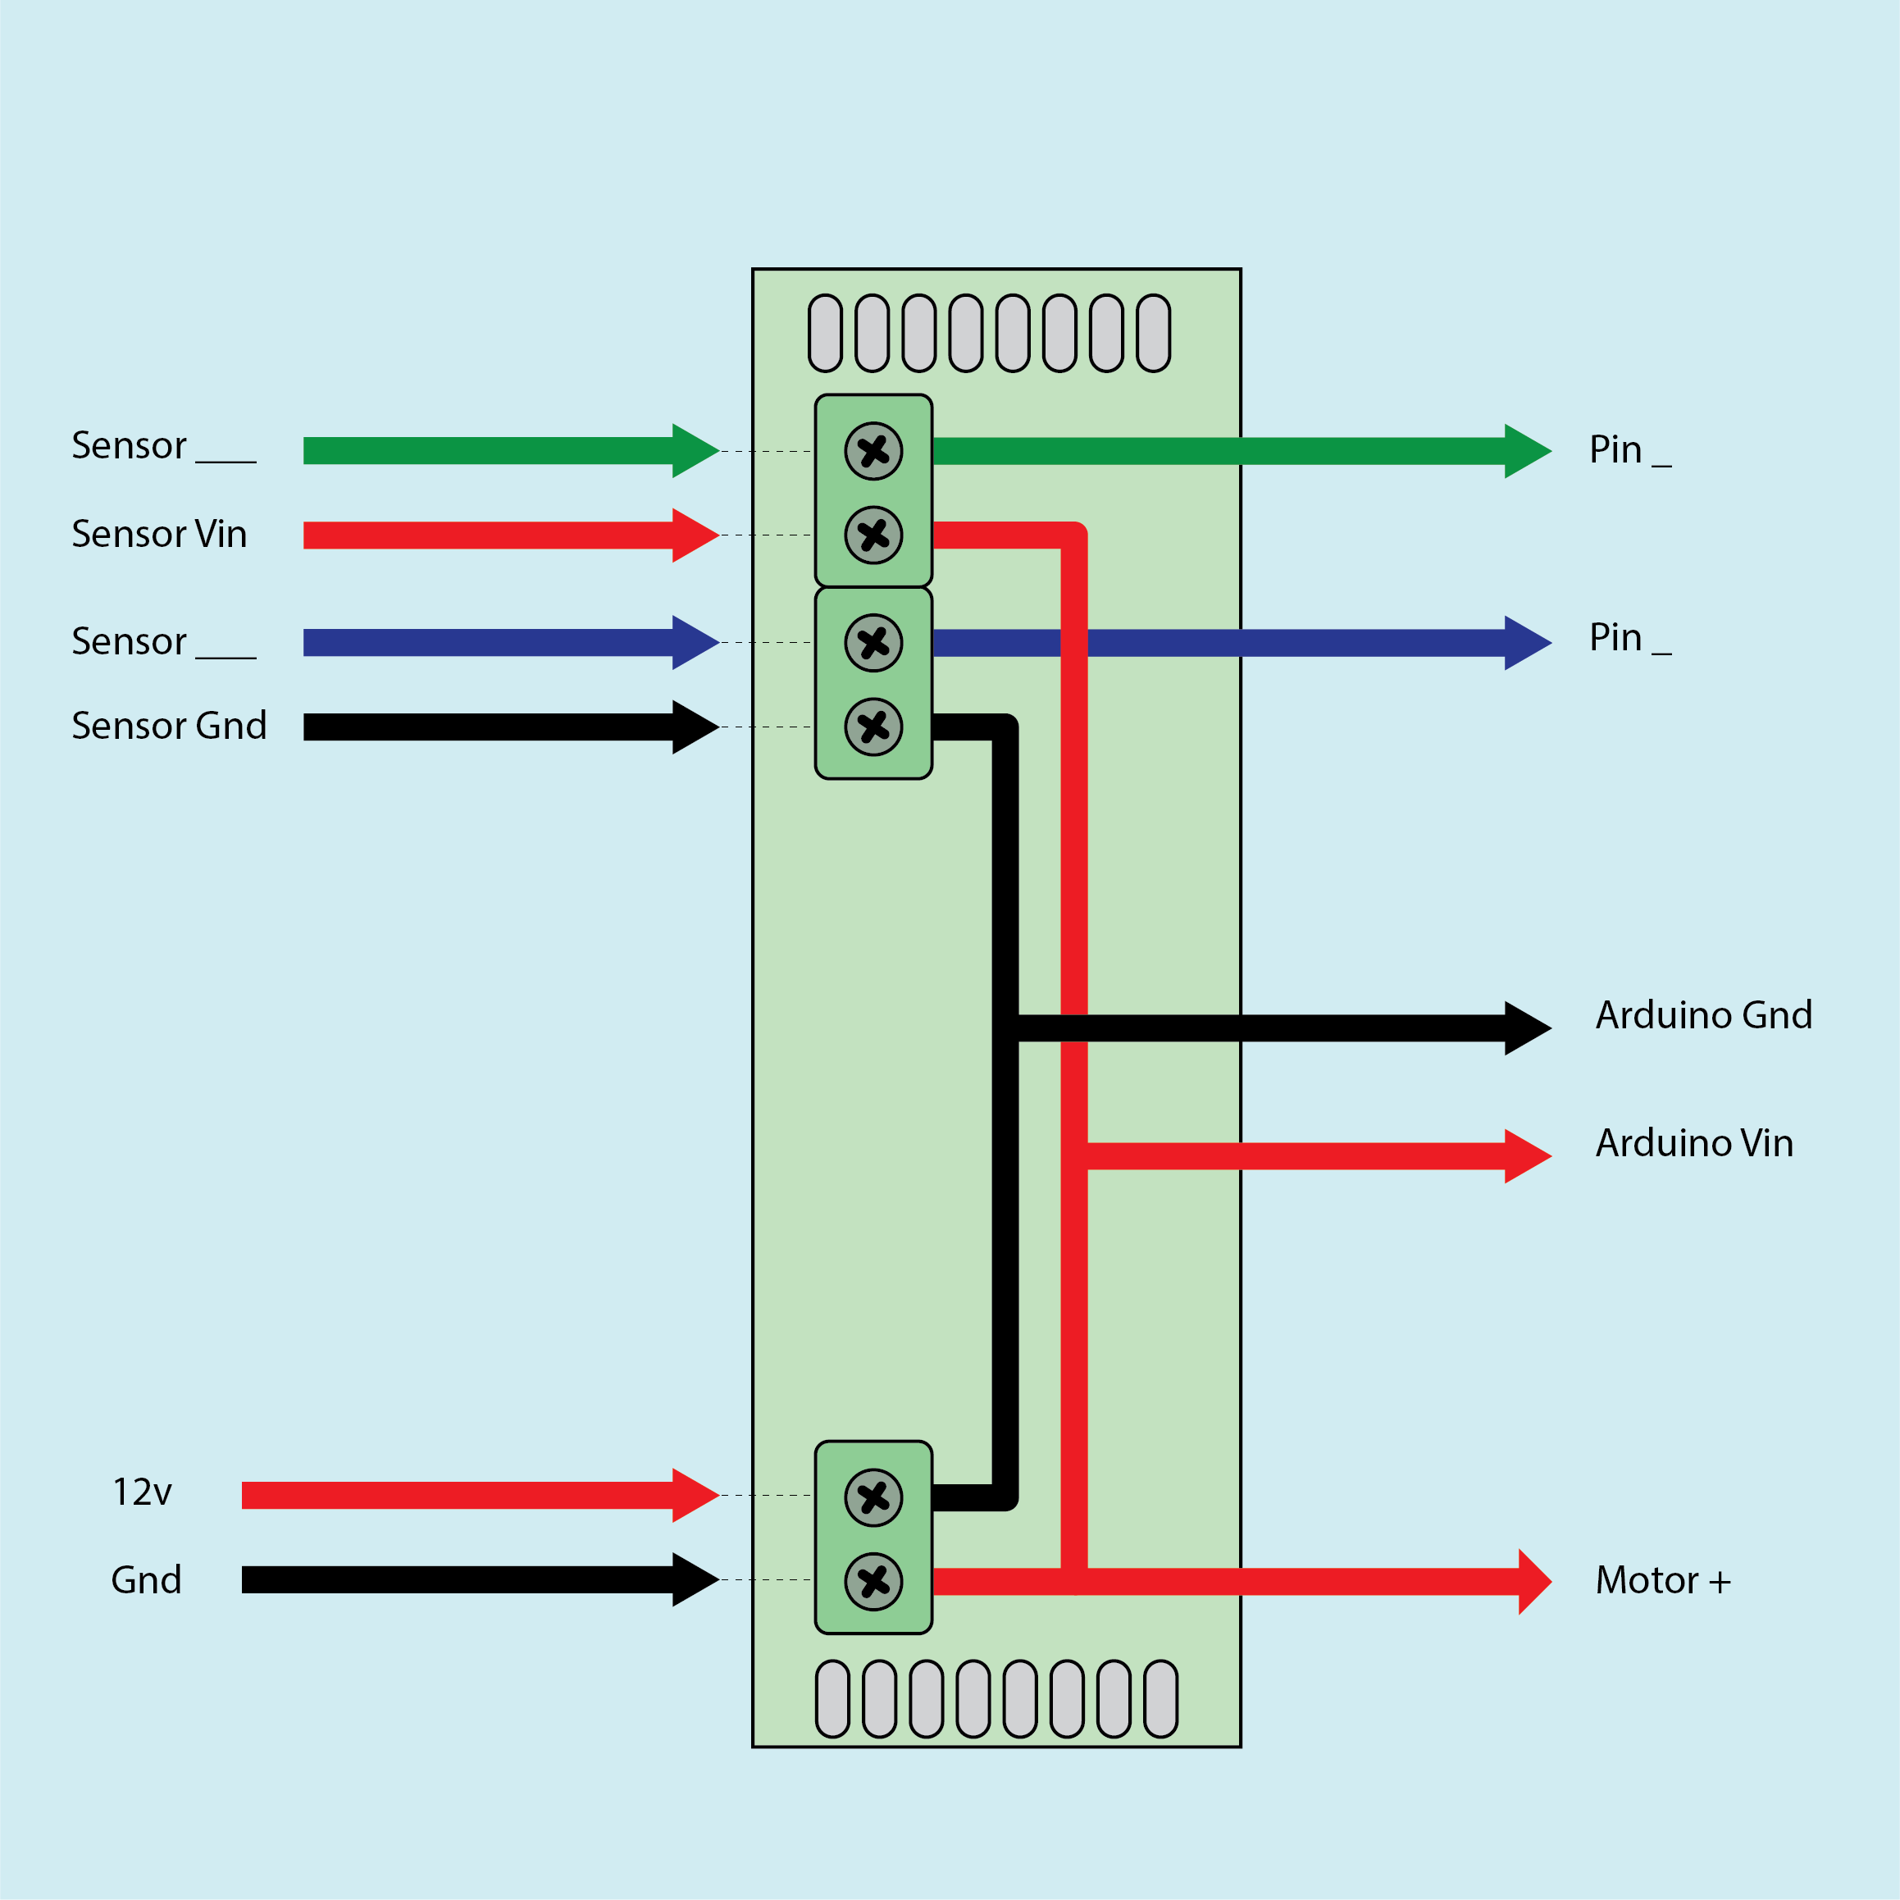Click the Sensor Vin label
coord(159,534)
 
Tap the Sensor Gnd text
coord(169,726)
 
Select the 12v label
coord(143,1492)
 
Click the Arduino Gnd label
coord(1704,1015)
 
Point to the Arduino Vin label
coord(1694,1143)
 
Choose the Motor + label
coord(1663,1580)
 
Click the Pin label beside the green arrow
coord(1630,449)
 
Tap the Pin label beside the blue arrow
coord(1630,637)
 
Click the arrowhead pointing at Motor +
coord(1535,1581)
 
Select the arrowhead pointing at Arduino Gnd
coord(1529,1027)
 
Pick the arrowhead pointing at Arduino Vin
coord(1529,1156)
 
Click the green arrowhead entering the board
coord(696,450)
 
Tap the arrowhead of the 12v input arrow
coord(696,1495)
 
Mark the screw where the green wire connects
coord(873,451)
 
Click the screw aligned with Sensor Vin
coord(873,535)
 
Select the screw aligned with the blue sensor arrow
coord(873,643)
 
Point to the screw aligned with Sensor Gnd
coord(873,727)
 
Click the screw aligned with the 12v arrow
coord(873,1497)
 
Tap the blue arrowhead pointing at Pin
coord(1529,643)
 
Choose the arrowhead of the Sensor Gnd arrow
coord(696,727)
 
